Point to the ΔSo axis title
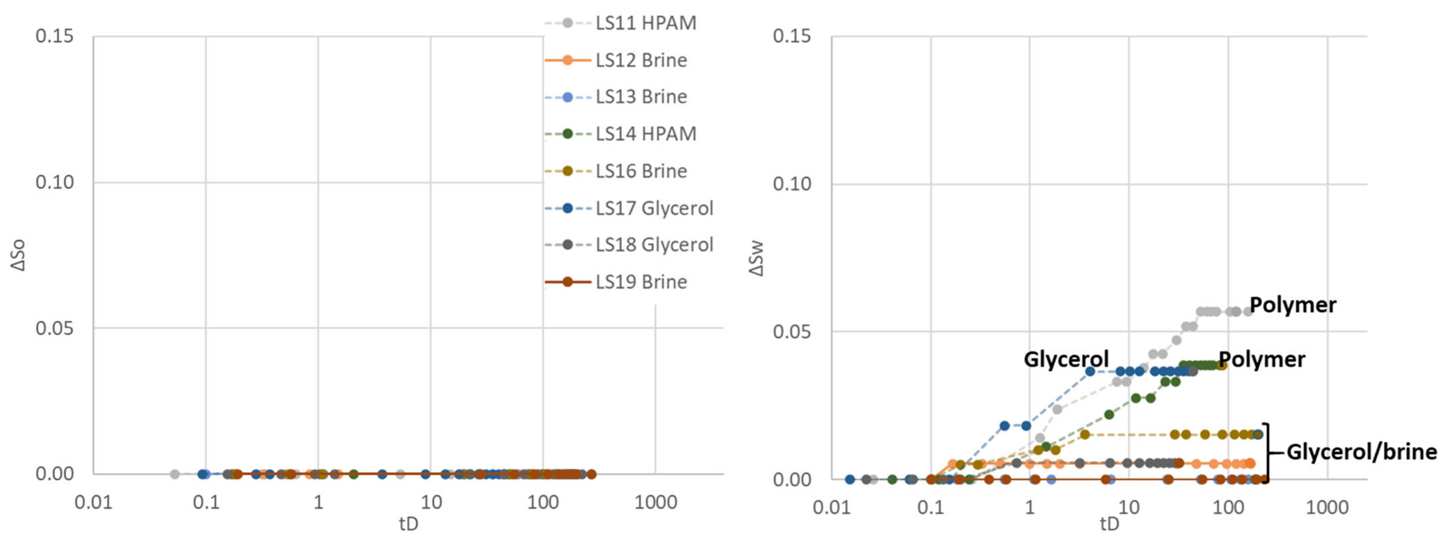(19, 255)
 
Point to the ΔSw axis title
(757, 258)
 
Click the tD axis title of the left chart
(408, 524)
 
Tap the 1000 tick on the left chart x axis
(655, 502)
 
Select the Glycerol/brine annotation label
(1361, 452)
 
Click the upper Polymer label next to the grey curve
(1293, 305)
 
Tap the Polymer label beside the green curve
(1262, 359)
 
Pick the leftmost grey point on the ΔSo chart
(175, 474)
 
